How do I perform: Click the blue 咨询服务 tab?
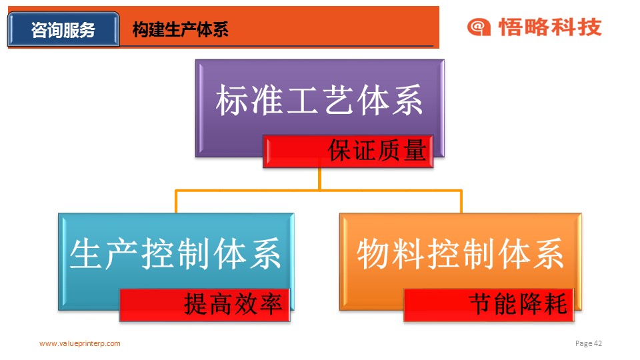(x=64, y=29)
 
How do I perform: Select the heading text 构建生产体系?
(x=181, y=30)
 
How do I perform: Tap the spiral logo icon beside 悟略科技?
(x=479, y=27)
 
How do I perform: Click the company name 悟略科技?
(x=550, y=27)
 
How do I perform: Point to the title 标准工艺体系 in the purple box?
(x=319, y=100)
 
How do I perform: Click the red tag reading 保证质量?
(x=348, y=151)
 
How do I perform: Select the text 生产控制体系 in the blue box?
(x=175, y=253)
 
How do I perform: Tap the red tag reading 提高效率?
(x=205, y=305)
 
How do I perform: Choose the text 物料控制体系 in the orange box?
(x=461, y=253)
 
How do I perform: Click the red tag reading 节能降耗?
(x=489, y=305)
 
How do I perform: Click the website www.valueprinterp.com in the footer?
(x=80, y=343)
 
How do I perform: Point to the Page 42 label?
(x=589, y=343)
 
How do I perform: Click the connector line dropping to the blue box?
(x=176, y=201)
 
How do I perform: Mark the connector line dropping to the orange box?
(x=461, y=201)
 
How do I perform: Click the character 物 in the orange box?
(x=373, y=253)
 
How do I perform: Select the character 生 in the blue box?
(x=86, y=253)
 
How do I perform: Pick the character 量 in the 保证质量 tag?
(x=415, y=150)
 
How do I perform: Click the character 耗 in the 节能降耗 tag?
(x=555, y=304)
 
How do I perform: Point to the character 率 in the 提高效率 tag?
(x=271, y=304)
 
